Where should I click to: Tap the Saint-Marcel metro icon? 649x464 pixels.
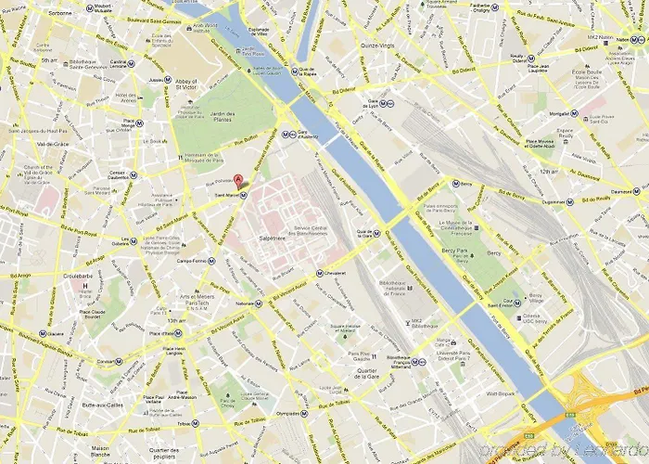pyautogui.click(x=244, y=196)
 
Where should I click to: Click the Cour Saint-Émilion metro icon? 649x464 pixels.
pyautogui.click(x=518, y=302)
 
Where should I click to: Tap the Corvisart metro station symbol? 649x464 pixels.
pyautogui.click(x=118, y=361)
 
